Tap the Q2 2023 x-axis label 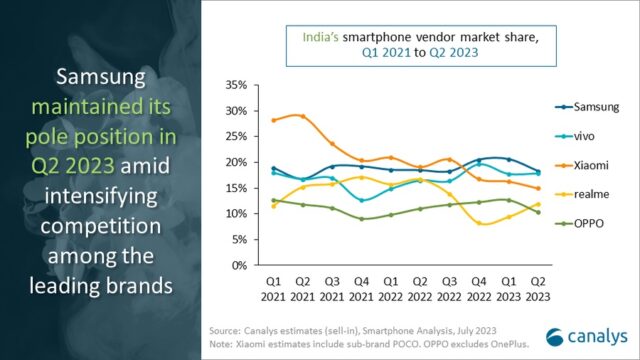coord(539,286)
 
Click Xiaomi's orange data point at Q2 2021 coord(304,116)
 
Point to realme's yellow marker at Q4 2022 coord(481,223)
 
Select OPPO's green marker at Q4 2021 coord(362,219)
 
